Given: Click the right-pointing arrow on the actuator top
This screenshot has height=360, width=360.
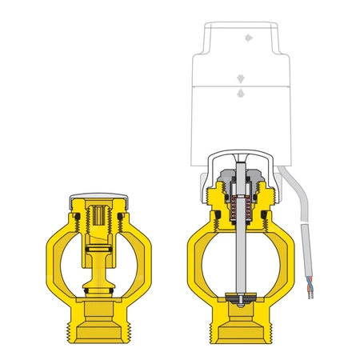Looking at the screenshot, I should pyautogui.click(x=246, y=36).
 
